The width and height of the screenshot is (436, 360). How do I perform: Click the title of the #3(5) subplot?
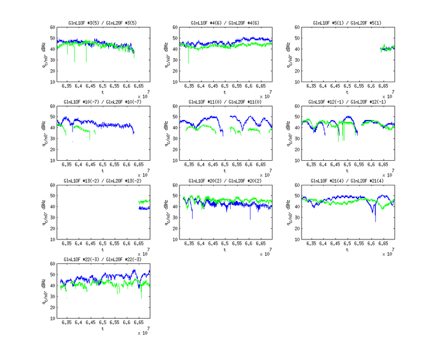click(x=103, y=23)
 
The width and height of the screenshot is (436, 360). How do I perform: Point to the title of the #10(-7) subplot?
click(x=103, y=102)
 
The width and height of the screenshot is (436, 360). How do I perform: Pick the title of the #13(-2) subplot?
click(x=103, y=181)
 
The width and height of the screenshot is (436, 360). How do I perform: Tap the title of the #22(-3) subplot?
click(x=103, y=259)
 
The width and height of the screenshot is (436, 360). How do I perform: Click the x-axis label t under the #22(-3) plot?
click(x=103, y=328)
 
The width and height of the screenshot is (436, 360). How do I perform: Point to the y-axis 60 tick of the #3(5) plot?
click(x=53, y=27)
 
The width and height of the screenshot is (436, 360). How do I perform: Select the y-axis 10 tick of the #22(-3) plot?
click(x=53, y=318)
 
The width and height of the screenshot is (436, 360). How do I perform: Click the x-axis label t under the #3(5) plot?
click(x=103, y=92)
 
